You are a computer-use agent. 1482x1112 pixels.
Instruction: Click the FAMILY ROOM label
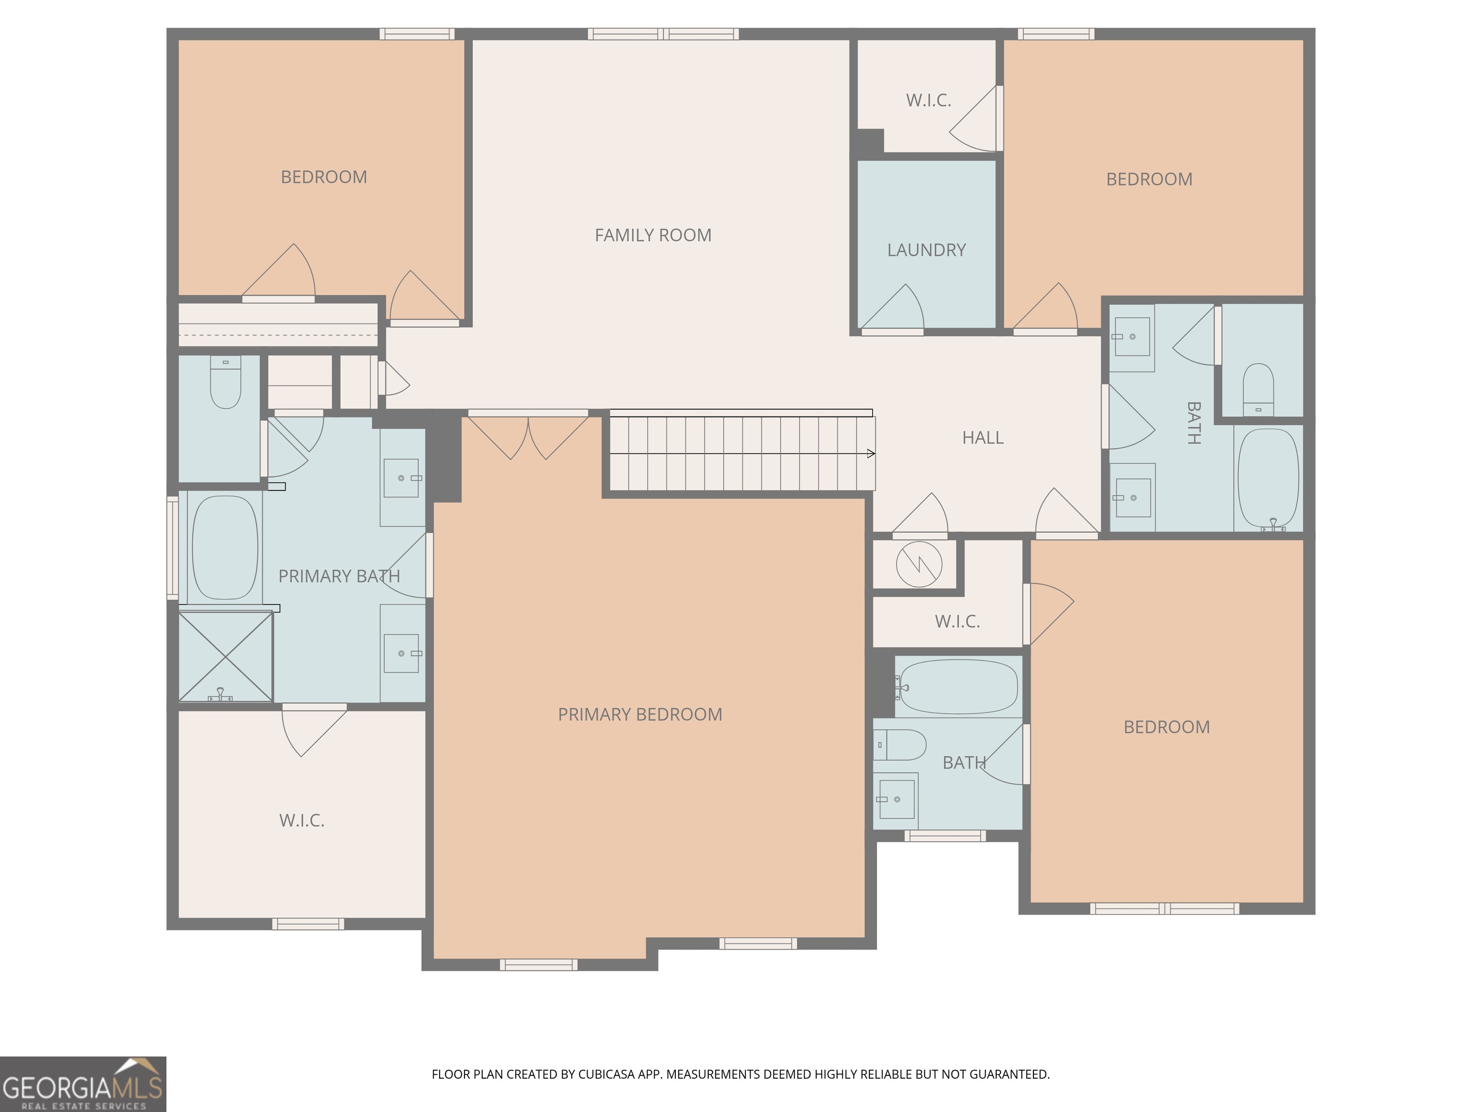click(653, 235)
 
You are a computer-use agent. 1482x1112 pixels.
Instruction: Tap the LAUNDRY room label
click(927, 250)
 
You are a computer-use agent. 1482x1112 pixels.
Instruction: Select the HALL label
click(983, 438)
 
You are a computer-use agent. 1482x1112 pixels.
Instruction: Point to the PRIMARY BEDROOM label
click(640, 714)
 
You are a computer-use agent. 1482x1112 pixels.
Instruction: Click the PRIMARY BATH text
click(339, 576)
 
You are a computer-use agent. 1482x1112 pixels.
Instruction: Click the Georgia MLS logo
click(83, 1084)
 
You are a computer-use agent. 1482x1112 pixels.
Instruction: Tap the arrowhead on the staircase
click(871, 454)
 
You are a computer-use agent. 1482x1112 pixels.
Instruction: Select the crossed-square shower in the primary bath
click(226, 657)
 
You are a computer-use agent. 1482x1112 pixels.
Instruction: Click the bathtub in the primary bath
click(225, 548)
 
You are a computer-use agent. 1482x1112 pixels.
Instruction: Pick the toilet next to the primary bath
click(226, 382)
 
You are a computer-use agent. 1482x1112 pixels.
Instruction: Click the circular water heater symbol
click(919, 564)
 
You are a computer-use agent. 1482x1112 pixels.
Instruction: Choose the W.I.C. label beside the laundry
click(929, 100)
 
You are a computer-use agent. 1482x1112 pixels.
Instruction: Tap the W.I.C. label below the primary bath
click(302, 820)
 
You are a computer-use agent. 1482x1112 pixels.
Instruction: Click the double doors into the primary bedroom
click(528, 436)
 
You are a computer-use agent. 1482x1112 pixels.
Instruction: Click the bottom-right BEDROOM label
click(1166, 727)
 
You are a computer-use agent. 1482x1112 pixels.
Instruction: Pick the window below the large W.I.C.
click(308, 924)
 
